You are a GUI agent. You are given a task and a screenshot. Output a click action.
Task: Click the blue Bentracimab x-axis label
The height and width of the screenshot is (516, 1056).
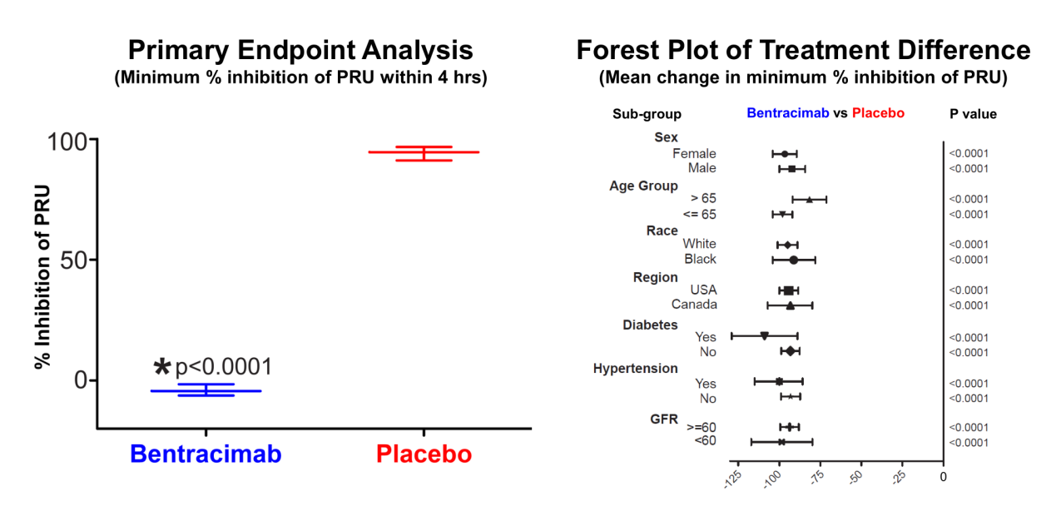click(206, 454)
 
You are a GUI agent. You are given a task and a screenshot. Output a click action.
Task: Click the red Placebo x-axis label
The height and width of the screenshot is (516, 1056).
click(424, 454)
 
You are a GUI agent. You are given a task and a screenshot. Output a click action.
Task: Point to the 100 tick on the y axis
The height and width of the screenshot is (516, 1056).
click(68, 141)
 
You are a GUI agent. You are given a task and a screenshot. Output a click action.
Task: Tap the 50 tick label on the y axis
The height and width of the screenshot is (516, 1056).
click(74, 260)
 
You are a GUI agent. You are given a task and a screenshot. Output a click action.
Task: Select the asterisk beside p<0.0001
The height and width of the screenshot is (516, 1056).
click(162, 366)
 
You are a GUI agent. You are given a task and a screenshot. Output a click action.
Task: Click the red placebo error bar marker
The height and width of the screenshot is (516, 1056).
click(424, 153)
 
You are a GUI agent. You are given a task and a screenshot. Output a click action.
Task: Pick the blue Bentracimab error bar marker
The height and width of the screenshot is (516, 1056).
click(206, 390)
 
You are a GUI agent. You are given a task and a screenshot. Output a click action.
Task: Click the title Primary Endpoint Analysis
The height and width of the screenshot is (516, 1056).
click(300, 50)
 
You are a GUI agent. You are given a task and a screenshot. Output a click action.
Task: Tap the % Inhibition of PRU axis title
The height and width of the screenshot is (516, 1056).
click(42, 277)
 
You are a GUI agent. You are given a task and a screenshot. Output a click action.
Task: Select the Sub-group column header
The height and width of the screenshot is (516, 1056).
click(647, 114)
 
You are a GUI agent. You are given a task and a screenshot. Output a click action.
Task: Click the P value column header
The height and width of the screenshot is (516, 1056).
click(973, 114)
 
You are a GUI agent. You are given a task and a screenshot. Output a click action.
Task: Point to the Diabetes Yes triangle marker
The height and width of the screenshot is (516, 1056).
click(765, 336)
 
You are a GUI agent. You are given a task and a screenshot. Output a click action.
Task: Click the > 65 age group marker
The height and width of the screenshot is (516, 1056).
click(810, 200)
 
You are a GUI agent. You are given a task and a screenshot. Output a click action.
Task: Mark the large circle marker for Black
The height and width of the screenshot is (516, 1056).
click(794, 260)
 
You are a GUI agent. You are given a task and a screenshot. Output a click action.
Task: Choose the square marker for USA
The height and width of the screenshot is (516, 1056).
click(789, 290)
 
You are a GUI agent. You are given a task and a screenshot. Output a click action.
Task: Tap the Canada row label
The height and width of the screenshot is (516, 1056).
click(694, 305)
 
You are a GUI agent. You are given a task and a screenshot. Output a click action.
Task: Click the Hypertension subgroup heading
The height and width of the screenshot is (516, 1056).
click(635, 369)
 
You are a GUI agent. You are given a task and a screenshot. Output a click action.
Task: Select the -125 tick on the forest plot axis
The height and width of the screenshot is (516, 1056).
click(732, 479)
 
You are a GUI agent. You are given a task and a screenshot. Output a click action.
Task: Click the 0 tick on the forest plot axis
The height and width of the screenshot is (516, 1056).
click(944, 477)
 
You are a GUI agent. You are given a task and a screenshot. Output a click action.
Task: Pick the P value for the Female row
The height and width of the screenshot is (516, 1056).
click(969, 154)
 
